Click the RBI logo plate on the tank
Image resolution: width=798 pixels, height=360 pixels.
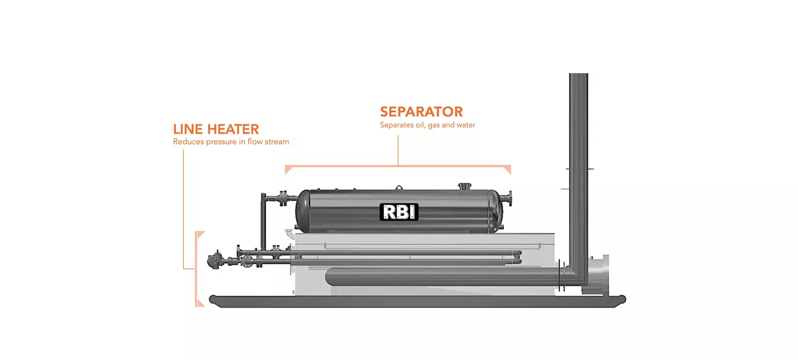(x=400, y=212)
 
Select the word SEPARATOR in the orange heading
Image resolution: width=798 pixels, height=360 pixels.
(x=421, y=112)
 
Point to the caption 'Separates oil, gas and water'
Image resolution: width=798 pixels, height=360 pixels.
(x=427, y=125)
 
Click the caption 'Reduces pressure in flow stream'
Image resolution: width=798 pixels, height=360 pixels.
(x=231, y=142)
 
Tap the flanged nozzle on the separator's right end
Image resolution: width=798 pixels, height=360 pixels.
(x=508, y=198)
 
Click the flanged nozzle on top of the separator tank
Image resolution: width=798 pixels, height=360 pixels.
(x=464, y=185)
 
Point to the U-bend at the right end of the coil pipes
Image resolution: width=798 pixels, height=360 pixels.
(x=518, y=257)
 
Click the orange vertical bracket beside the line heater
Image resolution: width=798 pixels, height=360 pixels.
(x=197, y=268)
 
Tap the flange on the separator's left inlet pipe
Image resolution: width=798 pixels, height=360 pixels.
(x=283, y=198)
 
